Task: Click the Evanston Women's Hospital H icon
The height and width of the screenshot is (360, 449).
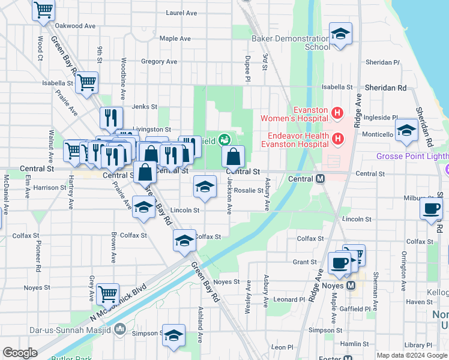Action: coord(337,112)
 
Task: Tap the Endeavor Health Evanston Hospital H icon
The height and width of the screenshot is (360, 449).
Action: coord(337,139)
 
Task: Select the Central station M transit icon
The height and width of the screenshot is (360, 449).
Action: coord(321,179)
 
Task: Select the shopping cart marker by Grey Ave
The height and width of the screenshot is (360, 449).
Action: coord(107,294)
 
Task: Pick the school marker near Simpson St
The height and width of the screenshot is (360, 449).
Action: coord(173,335)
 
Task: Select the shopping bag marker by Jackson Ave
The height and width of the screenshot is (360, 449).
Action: coord(234,157)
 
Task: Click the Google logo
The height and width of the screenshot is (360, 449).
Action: coord(20,353)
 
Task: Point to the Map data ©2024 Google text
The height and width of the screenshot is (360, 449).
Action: coord(411,355)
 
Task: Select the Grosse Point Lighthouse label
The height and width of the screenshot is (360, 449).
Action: coord(412,157)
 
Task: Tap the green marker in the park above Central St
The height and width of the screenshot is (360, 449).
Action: coord(224,140)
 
